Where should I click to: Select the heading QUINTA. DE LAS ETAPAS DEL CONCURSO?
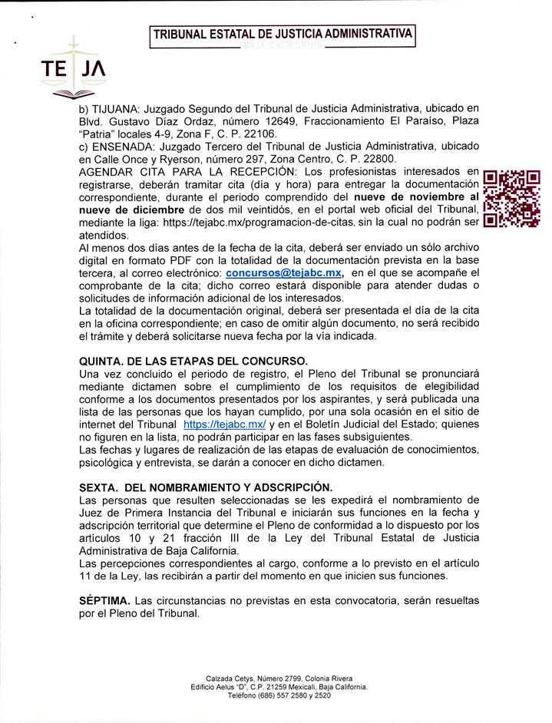click(x=193, y=361)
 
